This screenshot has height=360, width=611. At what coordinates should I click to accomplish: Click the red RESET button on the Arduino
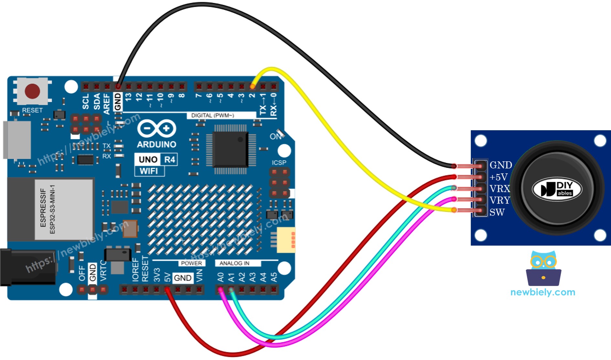pos(32,91)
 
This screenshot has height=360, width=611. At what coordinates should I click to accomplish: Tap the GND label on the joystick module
pos(500,165)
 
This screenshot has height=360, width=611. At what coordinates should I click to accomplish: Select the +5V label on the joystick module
pos(498,177)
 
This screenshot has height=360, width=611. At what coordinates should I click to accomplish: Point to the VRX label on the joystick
pos(500,189)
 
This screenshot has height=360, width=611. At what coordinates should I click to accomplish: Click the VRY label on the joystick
pos(500,200)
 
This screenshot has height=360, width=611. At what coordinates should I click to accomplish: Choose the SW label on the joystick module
pos(497,212)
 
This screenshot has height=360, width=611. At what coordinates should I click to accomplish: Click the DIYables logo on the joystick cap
pos(557,189)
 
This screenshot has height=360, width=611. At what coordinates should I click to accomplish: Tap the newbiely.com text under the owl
pos(543,292)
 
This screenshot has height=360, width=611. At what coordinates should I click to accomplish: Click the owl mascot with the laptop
pos(543,269)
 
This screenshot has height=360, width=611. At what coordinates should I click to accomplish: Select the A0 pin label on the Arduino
pos(221,277)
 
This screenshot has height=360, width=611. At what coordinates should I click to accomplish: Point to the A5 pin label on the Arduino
pos(274,277)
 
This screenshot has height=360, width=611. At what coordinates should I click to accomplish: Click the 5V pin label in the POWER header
pos(167,277)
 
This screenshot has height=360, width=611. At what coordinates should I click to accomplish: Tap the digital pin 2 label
pos(252,95)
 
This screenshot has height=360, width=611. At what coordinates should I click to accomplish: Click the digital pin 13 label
pos(128,97)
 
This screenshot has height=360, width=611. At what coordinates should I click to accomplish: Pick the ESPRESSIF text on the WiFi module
pos(43,208)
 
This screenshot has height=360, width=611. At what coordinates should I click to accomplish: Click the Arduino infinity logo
pos(157,128)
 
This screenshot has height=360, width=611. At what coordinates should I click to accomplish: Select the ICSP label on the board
pos(279,163)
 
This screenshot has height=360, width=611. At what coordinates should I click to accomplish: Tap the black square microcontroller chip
pos(230,149)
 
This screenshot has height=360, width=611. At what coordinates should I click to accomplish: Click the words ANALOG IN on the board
pos(234,263)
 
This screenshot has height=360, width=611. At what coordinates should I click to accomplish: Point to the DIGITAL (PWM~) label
pos(212,115)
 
